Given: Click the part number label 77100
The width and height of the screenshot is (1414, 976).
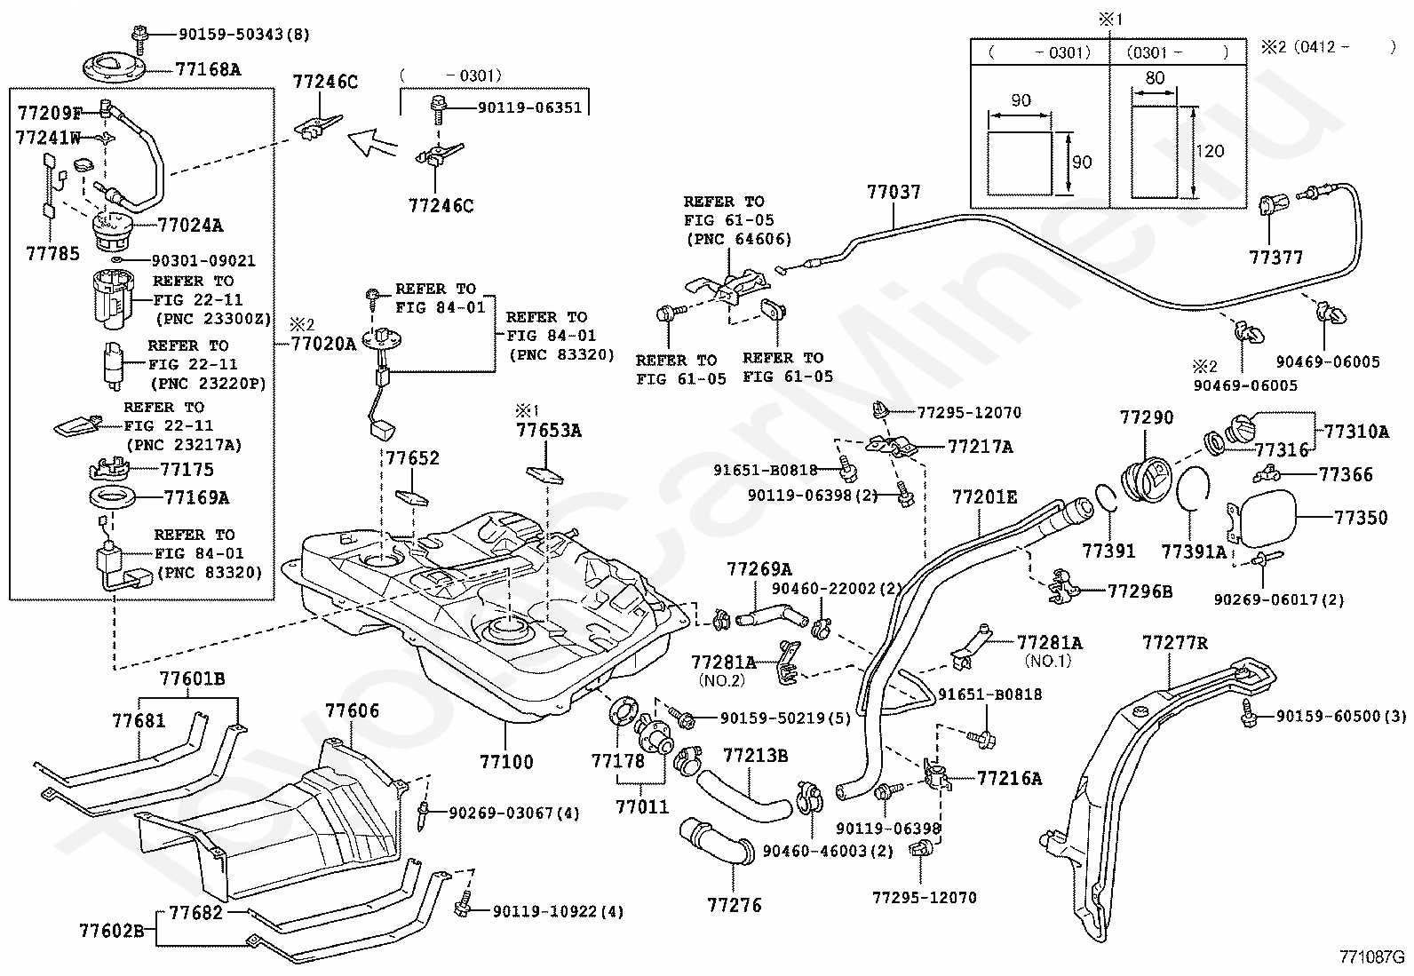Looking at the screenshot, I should pos(506,761).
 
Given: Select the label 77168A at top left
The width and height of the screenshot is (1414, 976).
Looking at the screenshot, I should pos(208,68).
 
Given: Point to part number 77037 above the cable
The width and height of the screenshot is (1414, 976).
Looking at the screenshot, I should pos(894,192).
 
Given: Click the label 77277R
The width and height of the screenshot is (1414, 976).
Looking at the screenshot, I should pos(1174,642).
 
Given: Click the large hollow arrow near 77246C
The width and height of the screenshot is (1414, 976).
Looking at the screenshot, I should pos(370,141).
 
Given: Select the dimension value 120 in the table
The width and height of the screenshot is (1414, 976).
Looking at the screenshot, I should pos(1210,151).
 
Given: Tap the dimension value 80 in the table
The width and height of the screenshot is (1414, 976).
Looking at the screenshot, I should pos(1155,78).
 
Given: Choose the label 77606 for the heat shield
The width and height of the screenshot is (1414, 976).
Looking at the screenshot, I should pos(352,710).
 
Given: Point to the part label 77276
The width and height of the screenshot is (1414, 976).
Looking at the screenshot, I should pos(735,905).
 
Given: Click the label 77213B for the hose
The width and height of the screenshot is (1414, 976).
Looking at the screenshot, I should pos(755,756).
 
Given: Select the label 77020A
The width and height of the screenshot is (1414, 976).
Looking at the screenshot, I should pos(323,344).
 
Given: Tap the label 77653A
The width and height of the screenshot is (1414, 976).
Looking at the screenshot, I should pos(549,432).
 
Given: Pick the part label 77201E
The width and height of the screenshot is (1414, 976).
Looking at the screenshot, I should pos(984,497).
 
